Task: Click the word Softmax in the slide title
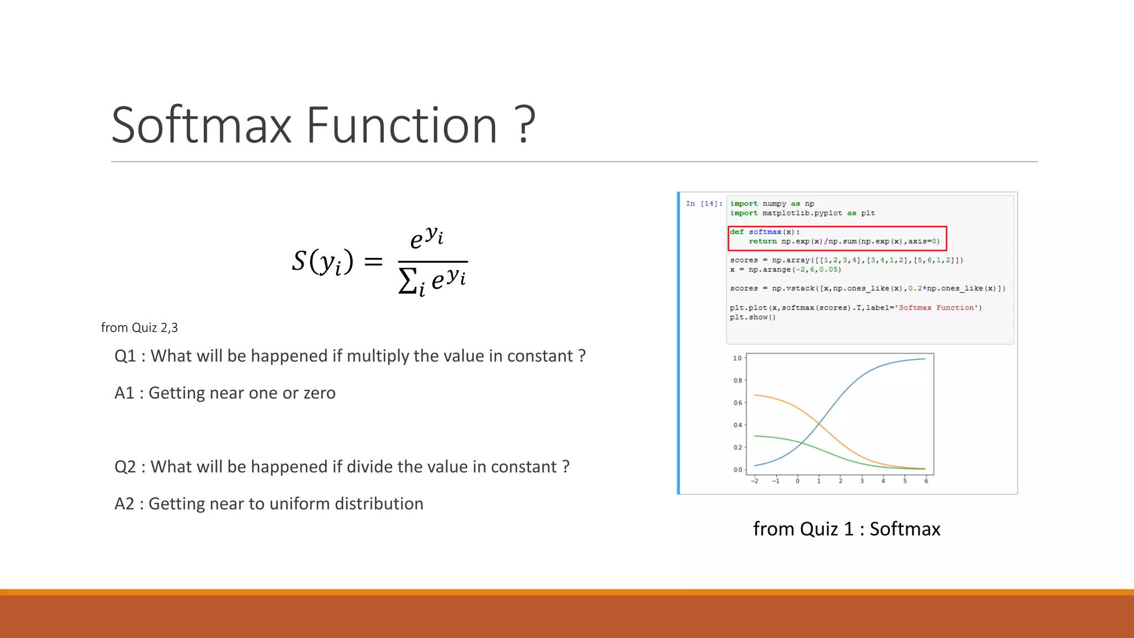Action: tap(202, 126)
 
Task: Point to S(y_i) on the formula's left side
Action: tap(322, 261)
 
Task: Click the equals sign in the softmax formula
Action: tap(374, 261)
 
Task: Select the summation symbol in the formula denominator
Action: tap(408, 281)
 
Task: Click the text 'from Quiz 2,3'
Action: tap(140, 328)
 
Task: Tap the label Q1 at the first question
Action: tap(125, 356)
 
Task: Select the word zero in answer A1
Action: tap(319, 393)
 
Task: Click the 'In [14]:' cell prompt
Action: tap(704, 204)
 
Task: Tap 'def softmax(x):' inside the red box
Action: tap(765, 232)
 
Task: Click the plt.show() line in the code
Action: tap(752, 317)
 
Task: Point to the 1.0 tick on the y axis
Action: tap(737, 358)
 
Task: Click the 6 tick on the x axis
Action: tap(926, 481)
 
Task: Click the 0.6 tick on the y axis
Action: tap(737, 403)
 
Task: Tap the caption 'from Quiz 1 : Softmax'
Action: tap(847, 529)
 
